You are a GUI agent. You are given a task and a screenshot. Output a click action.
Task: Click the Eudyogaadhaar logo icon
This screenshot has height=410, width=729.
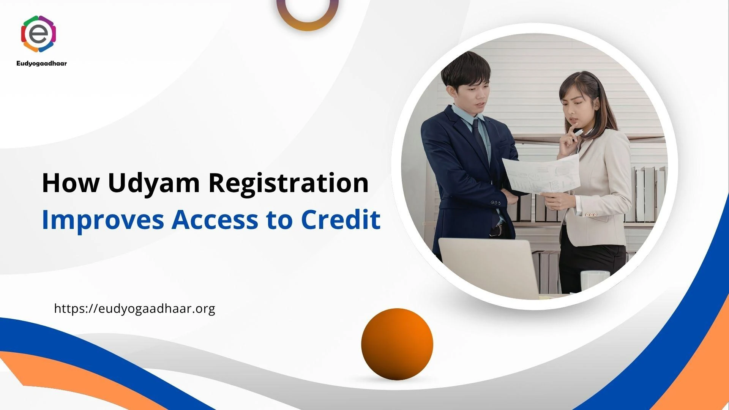(x=39, y=33)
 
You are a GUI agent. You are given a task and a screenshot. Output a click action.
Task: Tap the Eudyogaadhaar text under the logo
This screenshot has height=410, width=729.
(x=42, y=63)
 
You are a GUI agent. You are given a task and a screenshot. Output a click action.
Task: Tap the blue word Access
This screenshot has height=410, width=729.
(x=215, y=220)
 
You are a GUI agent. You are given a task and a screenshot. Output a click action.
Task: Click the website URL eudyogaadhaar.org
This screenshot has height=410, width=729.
(x=135, y=309)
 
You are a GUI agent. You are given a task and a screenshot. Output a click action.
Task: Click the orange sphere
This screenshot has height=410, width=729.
(x=397, y=344)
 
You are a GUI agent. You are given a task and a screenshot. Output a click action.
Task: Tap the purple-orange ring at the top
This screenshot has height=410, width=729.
(x=308, y=21)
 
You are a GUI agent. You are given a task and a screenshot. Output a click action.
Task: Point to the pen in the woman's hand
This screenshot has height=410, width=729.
(x=578, y=133)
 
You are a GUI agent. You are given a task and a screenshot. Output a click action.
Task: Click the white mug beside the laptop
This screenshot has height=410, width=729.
(x=595, y=281)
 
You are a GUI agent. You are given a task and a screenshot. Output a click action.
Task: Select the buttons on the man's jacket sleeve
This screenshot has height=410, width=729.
(x=495, y=203)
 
